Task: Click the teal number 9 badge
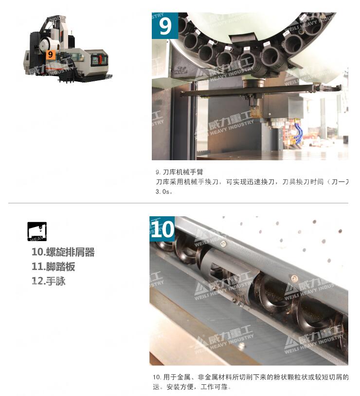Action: point(165,26)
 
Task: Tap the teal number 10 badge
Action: point(162,229)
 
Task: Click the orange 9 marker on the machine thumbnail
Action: point(50,55)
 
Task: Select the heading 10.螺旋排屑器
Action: point(63,252)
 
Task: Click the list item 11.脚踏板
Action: point(54,266)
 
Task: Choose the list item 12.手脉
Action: point(49,281)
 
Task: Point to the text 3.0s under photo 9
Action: point(164,191)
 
